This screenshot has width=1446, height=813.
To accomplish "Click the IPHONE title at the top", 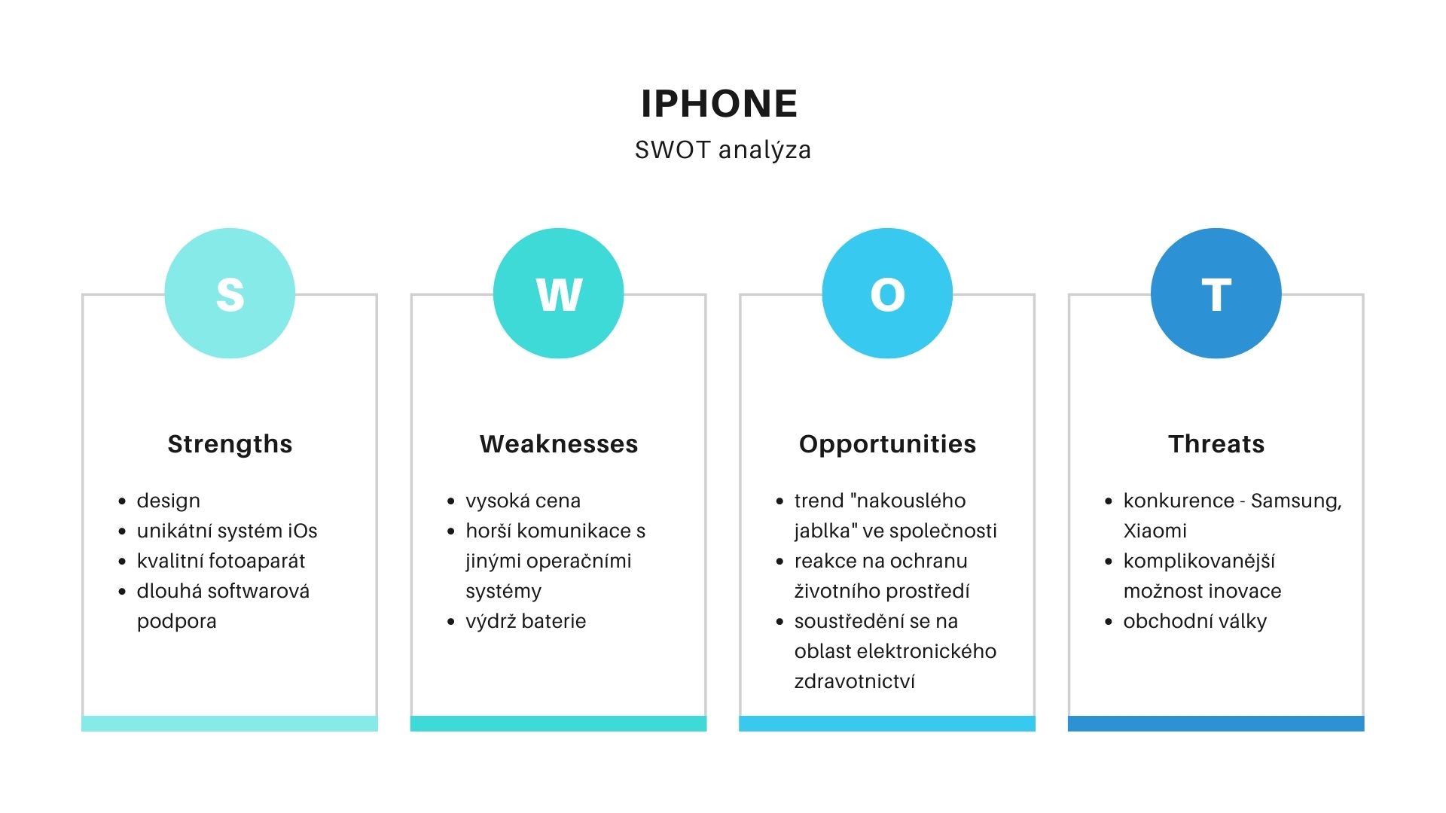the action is [x=719, y=104].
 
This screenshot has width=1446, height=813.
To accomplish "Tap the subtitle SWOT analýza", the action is [x=723, y=150].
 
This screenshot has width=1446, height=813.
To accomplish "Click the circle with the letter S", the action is [x=230, y=294].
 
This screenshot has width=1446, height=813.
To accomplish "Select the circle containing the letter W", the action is [x=559, y=294].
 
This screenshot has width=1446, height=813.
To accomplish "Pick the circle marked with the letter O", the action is [x=887, y=294].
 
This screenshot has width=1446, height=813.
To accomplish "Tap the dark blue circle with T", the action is [x=1216, y=294].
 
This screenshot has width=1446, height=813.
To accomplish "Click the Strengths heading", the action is [x=230, y=444].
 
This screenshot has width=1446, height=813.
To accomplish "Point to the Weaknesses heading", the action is [x=559, y=444].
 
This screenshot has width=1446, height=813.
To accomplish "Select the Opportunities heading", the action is [x=887, y=444].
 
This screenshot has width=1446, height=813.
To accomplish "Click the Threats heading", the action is [x=1216, y=444].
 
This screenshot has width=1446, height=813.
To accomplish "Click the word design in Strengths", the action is [x=169, y=501].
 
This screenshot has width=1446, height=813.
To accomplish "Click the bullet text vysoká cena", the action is [x=523, y=501].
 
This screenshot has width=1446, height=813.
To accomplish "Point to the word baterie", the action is [x=554, y=621].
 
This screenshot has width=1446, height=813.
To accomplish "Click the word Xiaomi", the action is [x=1155, y=531].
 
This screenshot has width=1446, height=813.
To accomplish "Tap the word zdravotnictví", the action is [x=855, y=681].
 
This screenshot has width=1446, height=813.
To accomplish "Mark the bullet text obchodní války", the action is [x=1194, y=622].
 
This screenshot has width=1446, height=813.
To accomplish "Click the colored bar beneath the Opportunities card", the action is [x=887, y=723].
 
